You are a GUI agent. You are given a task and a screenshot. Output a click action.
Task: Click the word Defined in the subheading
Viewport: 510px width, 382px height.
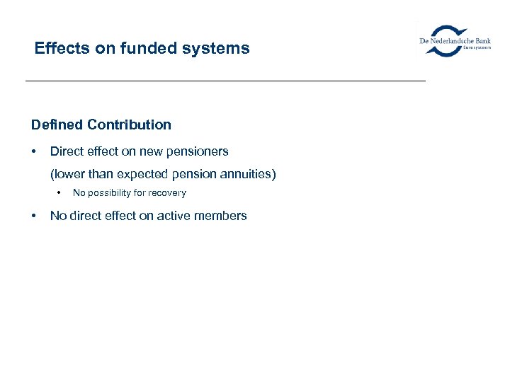pos(57,125)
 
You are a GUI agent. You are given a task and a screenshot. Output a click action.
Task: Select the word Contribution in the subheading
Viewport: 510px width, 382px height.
pos(130,125)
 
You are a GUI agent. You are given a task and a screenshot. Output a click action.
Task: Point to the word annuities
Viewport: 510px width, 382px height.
pos(249,174)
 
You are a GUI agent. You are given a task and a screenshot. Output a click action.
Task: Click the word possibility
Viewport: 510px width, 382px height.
pos(112,193)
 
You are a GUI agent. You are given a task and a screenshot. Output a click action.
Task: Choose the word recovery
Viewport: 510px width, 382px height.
pos(168,193)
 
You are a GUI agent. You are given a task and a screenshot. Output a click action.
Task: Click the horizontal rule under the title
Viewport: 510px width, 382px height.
pos(225,81)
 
